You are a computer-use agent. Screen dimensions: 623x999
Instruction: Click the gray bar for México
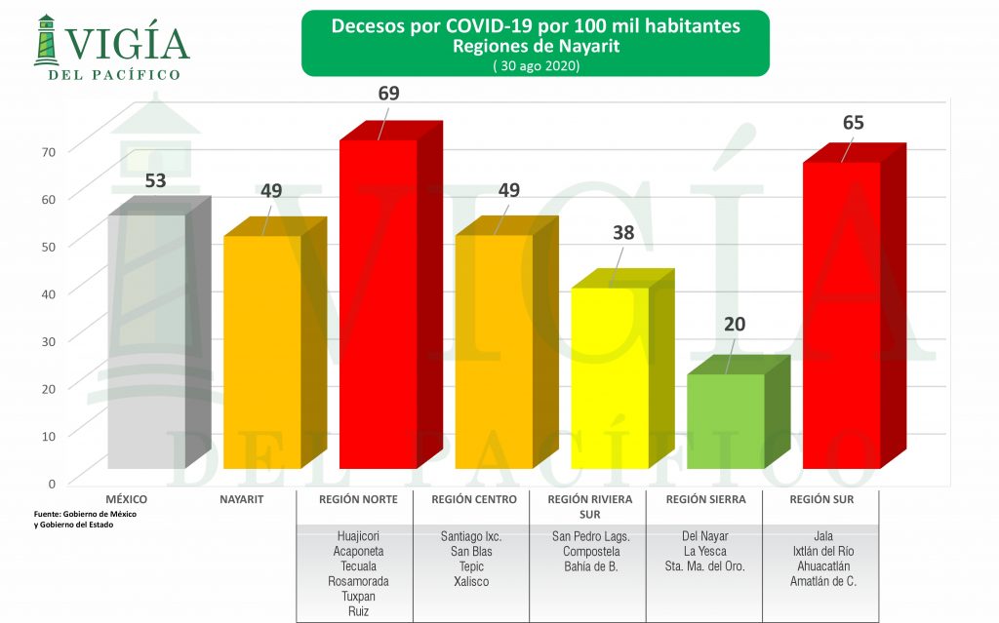(146, 341)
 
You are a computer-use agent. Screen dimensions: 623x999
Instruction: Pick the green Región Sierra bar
(726, 421)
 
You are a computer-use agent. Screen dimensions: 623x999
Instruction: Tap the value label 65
(854, 123)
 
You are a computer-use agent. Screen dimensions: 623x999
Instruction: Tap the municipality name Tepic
(471, 566)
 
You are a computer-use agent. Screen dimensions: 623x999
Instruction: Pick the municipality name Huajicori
(357, 536)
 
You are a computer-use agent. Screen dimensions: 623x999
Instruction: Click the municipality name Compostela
(590, 551)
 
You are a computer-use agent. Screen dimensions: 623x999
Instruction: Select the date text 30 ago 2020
(535, 66)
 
